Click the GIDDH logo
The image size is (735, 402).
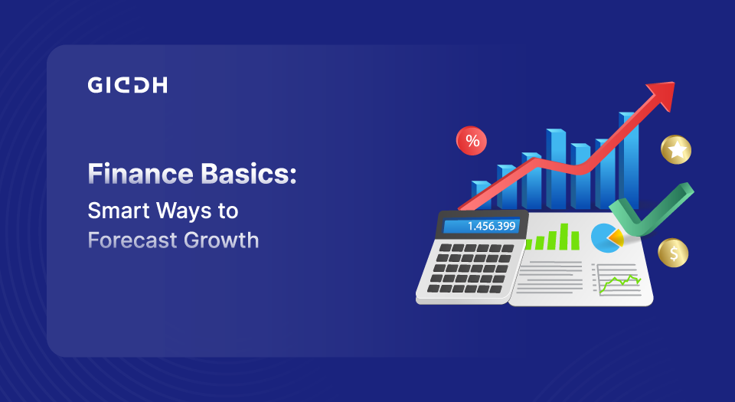[128, 85]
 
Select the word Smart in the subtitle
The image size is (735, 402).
[118, 211]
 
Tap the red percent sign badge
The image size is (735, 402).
[472, 141]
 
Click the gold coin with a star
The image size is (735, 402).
[676, 150]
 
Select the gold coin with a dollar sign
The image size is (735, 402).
[673, 253]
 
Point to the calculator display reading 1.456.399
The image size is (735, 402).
[481, 226]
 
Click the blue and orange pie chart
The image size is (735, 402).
[607, 238]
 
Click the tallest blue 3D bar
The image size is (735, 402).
[629, 160]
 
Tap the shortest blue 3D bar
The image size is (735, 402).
[482, 195]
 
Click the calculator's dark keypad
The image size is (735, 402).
[469, 268]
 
